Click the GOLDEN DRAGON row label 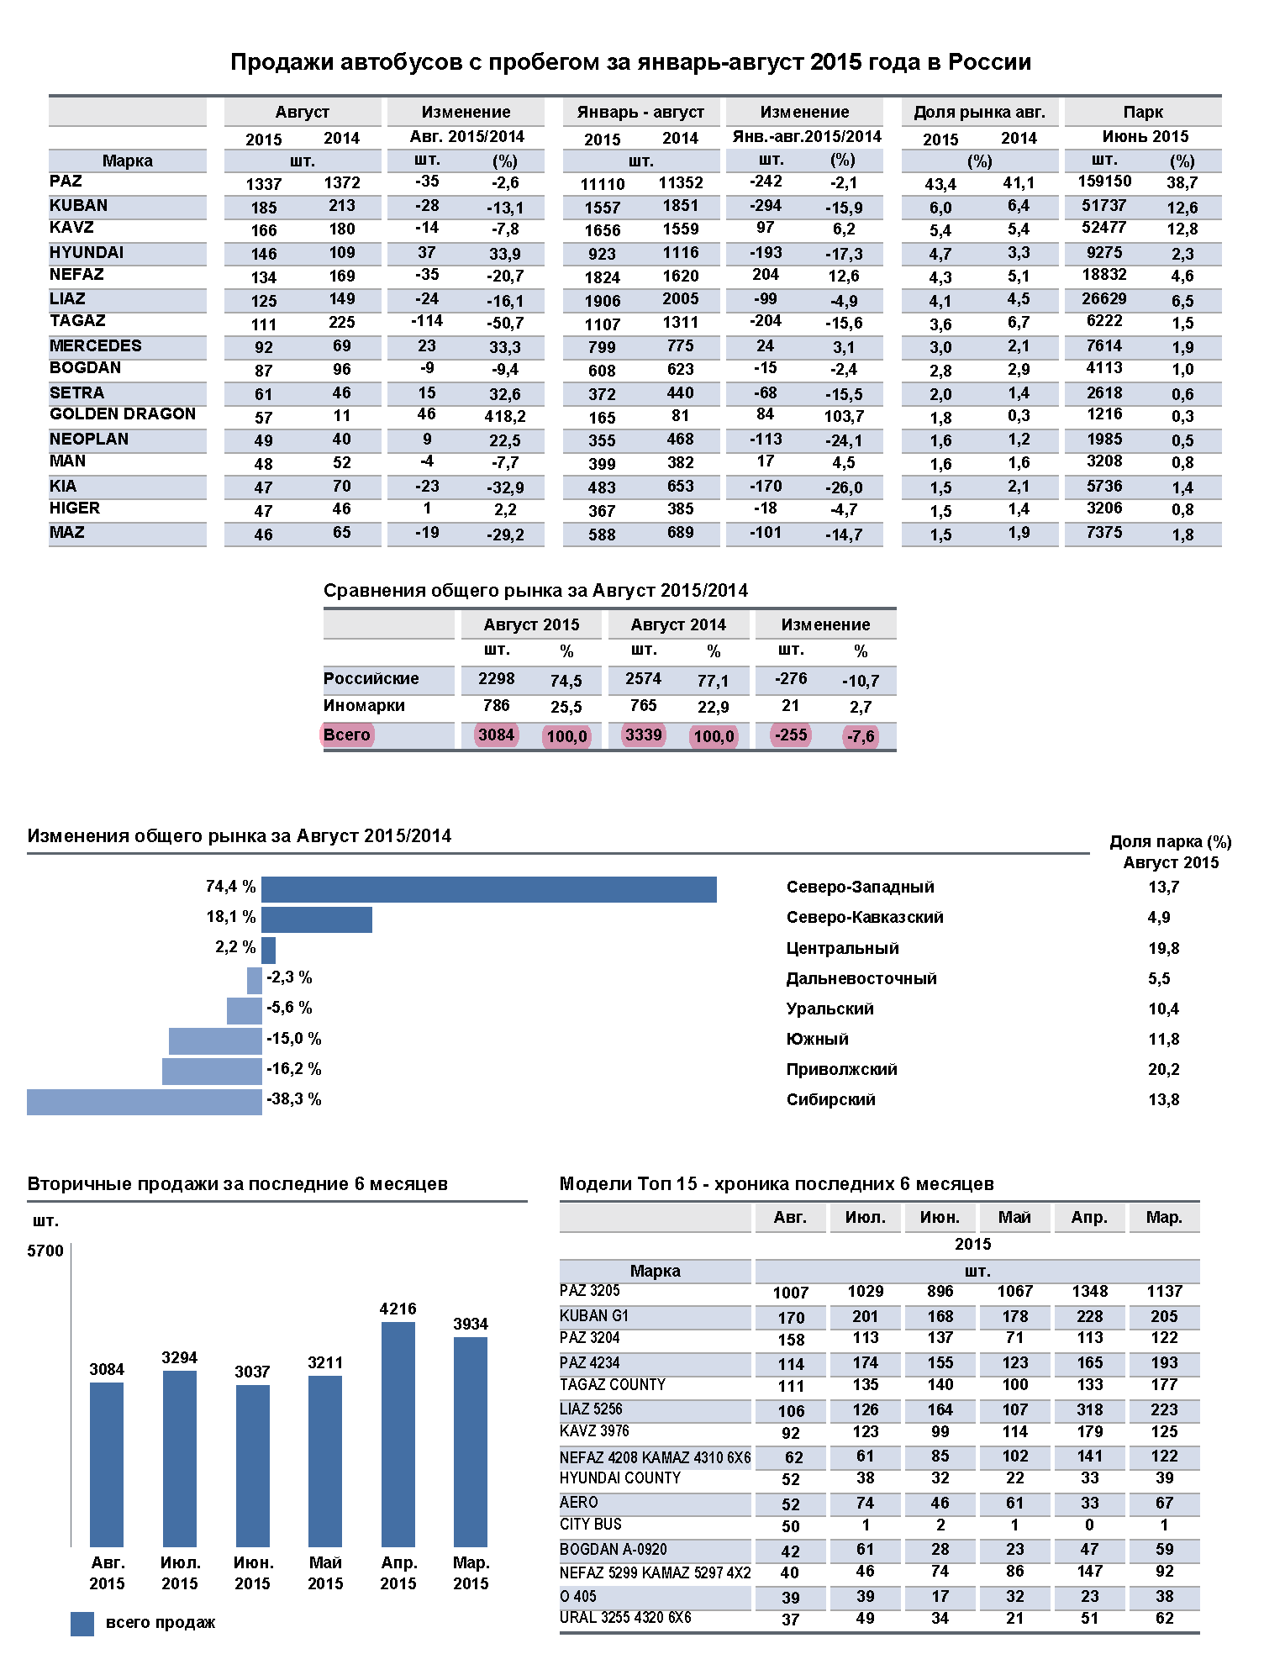pyautogui.click(x=123, y=414)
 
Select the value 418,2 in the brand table pyautogui.click(x=505, y=417)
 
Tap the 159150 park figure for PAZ pyautogui.click(x=1104, y=182)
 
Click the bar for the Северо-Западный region pyautogui.click(x=488, y=889)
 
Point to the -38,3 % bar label pyautogui.click(x=294, y=1099)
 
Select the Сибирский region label pyautogui.click(x=830, y=1100)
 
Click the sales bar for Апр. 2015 pyautogui.click(x=398, y=1435)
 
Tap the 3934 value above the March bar pyautogui.click(x=471, y=1324)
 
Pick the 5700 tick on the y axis pyautogui.click(x=45, y=1251)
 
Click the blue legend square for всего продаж pyautogui.click(x=82, y=1624)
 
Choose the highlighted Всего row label pyautogui.click(x=346, y=735)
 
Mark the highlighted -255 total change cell pyautogui.click(x=791, y=735)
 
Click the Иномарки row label pyautogui.click(x=364, y=706)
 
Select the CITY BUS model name pyautogui.click(x=591, y=1525)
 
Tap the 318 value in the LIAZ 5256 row pyautogui.click(x=1090, y=1410)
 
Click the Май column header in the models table pyautogui.click(x=1014, y=1218)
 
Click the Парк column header pyautogui.click(x=1143, y=113)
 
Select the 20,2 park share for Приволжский pyautogui.click(x=1164, y=1070)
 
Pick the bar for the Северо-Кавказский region pyautogui.click(x=317, y=919)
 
